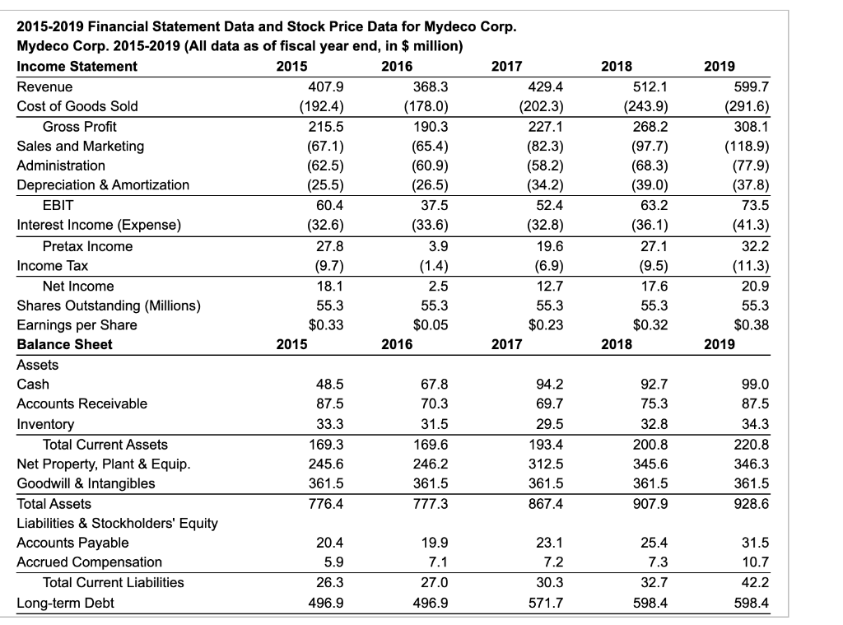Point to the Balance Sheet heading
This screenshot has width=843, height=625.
(64, 344)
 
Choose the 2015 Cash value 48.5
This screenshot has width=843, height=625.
(329, 384)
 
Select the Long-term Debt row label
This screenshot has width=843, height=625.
(66, 603)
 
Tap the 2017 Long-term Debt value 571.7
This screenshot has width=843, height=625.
(547, 603)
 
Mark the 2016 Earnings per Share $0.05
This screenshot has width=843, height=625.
(431, 324)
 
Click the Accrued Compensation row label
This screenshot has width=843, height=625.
(90, 562)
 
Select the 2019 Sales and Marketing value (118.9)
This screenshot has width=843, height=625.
(748, 146)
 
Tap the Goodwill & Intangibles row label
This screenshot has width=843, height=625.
(86, 483)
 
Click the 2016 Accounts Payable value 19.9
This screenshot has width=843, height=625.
(436, 543)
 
